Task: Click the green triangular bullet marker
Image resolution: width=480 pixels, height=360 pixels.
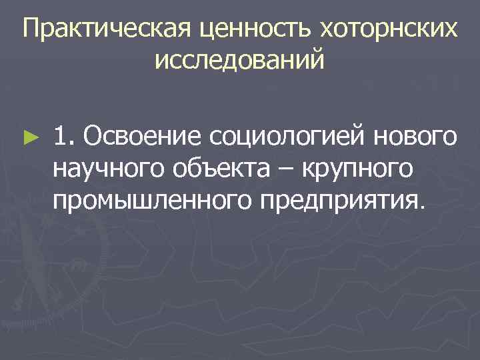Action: (28, 137)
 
